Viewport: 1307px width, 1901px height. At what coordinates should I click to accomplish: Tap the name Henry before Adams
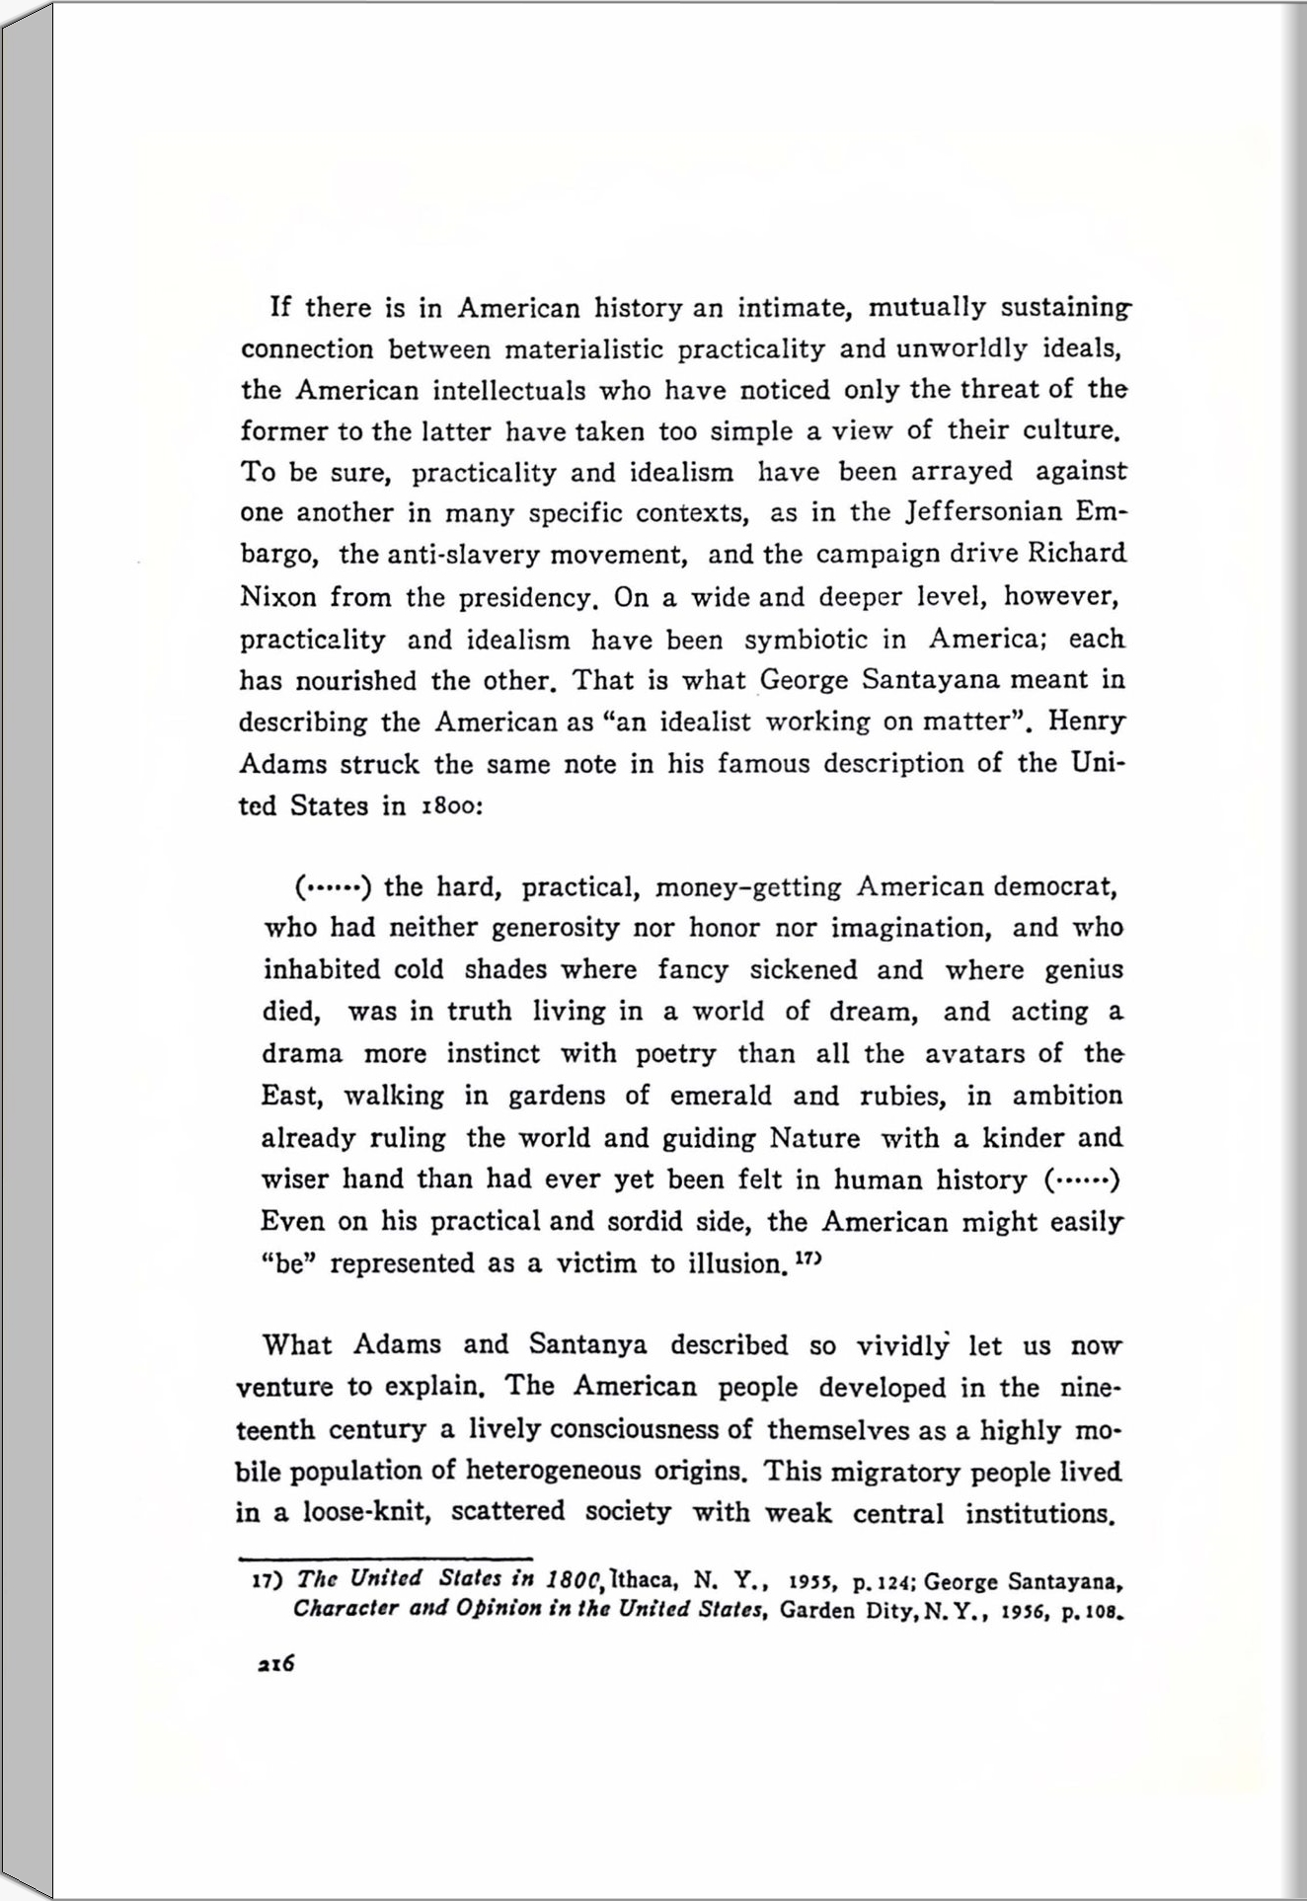1086,722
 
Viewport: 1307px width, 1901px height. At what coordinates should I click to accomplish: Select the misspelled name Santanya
587,1345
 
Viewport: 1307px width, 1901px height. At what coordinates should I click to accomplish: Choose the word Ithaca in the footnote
642,1579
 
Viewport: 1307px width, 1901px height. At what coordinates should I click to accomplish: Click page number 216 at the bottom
275,1663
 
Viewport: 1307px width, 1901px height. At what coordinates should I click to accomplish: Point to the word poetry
675,1054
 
